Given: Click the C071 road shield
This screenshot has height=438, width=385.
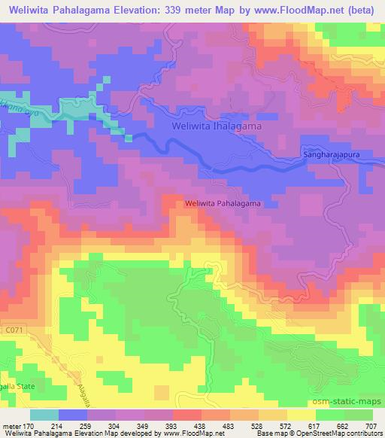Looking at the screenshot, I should point(13,329).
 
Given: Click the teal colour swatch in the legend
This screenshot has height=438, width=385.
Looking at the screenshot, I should point(44,415).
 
